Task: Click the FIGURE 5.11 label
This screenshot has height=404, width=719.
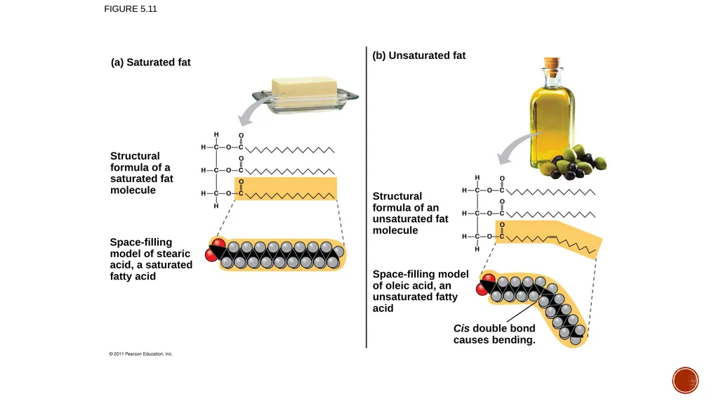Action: [x=130, y=8]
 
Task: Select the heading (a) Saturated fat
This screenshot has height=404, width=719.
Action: [x=150, y=63]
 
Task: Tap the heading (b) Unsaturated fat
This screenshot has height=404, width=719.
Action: [x=418, y=56]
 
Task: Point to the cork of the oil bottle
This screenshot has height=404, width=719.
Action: [x=552, y=65]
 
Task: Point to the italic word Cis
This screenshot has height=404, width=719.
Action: [x=461, y=328]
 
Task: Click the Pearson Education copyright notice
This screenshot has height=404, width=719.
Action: [x=140, y=354]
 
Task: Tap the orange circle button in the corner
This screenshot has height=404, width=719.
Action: [x=685, y=380]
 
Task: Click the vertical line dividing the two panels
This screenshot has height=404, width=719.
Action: [x=367, y=197]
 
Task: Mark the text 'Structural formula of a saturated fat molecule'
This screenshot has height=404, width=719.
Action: [x=142, y=173]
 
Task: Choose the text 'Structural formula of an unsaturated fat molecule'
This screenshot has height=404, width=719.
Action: [x=410, y=213]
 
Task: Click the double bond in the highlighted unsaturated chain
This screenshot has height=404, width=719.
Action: [x=552, y=237]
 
